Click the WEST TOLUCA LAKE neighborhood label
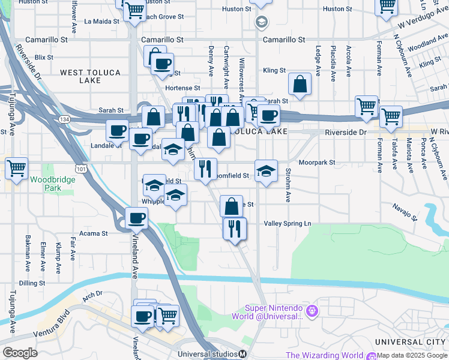coord(90,76)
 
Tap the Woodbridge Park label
coord(46,183)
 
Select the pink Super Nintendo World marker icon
coord(311,311)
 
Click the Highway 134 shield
coord(62,119)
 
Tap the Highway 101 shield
coord(80,170)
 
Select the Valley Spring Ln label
coord(288,223)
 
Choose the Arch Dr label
coord(93,294)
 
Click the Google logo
coord(19,352)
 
